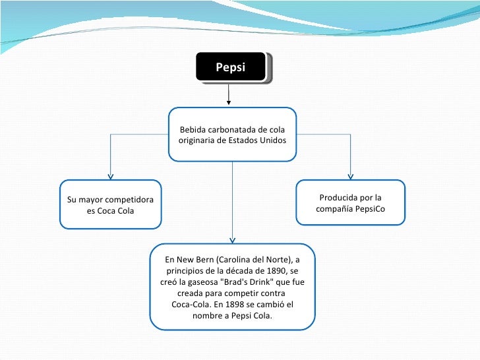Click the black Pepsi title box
[231, 67]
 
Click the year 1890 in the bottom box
[276, 270]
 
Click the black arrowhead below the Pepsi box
[229, 102]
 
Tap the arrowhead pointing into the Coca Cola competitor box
[110, 176]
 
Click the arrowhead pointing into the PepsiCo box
[350, 176]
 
